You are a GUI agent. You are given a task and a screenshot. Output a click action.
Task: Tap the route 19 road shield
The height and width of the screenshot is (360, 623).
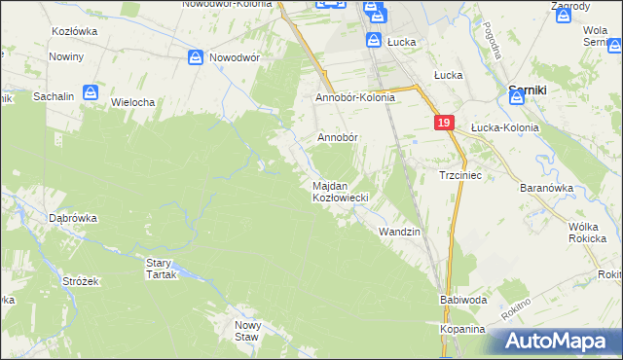tap(444, 124)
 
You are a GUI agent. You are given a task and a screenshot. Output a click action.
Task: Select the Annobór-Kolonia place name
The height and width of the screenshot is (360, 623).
tap(354, 98)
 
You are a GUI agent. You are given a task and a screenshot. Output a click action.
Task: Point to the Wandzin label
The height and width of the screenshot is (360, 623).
tap(399, 232)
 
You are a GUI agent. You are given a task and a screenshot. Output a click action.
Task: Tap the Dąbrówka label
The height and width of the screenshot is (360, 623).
tap(73, 219)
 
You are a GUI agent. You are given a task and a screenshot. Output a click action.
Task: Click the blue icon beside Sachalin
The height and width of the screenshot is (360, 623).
tap(91, 93)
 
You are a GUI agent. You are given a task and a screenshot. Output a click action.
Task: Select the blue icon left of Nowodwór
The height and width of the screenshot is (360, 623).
tap(196, 57)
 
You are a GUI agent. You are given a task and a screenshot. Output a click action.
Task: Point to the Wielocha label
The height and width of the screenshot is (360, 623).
tap(133, 101)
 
